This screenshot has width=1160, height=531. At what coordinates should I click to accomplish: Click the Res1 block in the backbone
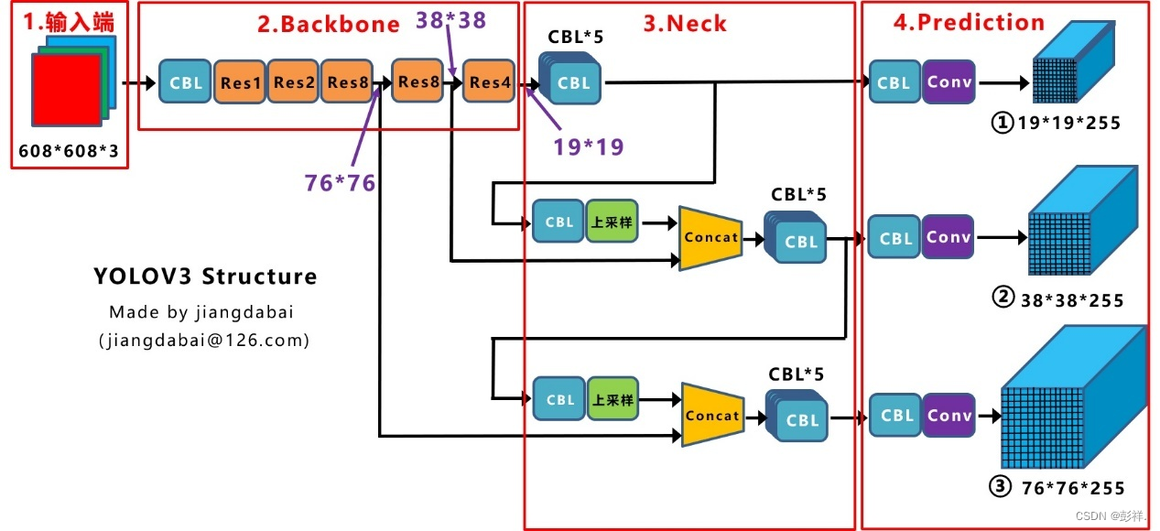[241, 82]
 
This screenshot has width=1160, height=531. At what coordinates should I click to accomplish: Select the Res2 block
[294, 82]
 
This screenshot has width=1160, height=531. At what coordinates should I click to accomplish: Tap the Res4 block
[490, 82]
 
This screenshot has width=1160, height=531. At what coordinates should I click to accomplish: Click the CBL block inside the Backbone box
[186, 82]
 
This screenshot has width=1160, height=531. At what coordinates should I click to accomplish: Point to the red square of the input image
[66, 90]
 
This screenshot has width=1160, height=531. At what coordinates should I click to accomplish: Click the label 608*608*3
[69, 151]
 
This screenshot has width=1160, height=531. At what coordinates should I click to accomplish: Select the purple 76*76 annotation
[341, 182]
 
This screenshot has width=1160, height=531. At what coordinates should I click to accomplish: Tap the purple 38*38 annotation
[451, 18]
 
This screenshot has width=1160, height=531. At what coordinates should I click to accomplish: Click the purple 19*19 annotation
[589, 146]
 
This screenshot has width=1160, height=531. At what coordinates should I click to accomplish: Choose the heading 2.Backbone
[328, 25]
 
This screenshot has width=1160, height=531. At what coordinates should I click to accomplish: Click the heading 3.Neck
[685, 24]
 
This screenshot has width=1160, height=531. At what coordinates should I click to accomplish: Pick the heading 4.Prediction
[969, 23]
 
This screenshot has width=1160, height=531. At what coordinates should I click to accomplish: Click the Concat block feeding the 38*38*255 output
[711, 237]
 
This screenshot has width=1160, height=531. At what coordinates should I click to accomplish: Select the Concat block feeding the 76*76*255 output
[712, 416]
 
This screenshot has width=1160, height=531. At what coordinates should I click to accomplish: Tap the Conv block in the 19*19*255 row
[949, 81]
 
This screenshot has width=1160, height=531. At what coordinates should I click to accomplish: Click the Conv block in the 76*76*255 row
[949, 415]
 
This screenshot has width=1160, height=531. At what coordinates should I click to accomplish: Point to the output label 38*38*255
[1072, 299]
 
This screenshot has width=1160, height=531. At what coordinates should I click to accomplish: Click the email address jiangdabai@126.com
[203, 341]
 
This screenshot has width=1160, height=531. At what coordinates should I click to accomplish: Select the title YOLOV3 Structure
[205, 276]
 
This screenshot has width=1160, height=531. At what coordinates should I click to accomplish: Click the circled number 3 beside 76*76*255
[1000, 487]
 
